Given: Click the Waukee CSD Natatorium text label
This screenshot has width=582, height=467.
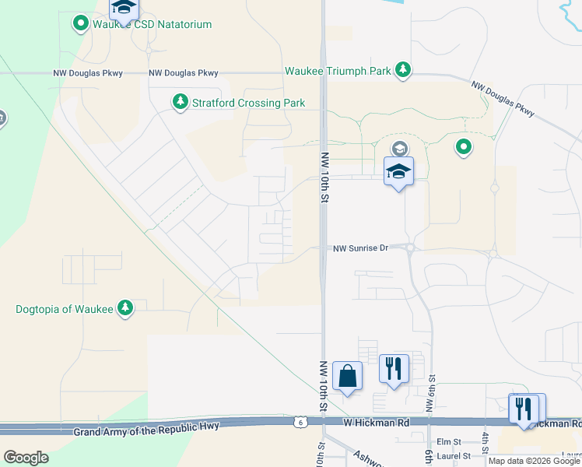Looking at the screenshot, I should coord(152,24).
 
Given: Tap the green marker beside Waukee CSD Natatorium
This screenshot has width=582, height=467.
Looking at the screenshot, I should coord(80,24).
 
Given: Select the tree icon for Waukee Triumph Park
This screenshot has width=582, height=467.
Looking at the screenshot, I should coord(403,71).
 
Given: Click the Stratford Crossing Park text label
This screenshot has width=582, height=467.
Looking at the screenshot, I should coord(249,103).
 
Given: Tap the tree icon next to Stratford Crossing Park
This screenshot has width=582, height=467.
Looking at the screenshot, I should coord(181,103).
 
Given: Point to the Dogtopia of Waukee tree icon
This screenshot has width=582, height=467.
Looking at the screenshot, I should coord(125,309).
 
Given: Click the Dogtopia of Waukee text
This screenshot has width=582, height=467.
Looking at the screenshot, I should coord(65,309).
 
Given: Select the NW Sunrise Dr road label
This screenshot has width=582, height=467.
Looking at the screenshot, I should coord(359,248).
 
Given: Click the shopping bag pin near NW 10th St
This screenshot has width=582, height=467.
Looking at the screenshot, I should coord(347,377).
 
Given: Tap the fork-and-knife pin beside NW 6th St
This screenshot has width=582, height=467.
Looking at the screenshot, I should coord(394,367).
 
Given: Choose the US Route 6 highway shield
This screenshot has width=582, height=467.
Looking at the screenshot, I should coord(300,422).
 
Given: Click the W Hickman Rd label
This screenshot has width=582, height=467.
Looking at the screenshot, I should coord(377,422).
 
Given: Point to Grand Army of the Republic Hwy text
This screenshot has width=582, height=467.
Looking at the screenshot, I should coord(147,427).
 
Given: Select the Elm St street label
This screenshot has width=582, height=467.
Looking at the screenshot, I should coord(449,441).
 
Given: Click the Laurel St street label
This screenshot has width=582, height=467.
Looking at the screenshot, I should coord(454,455).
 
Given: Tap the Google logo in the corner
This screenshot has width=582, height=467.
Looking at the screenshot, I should coord(26,458).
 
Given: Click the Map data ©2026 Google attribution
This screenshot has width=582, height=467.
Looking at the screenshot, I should coord(534,461).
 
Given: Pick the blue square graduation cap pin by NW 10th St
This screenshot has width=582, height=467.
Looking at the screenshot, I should coord(398,172).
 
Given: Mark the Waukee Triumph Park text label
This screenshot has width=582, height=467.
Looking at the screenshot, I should coord(338,71).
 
